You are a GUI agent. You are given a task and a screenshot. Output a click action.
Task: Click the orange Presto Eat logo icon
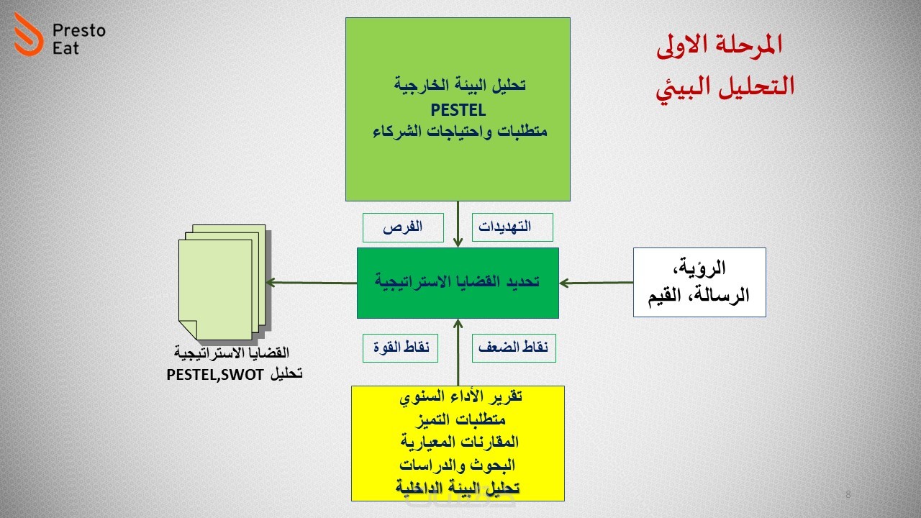[28, 34]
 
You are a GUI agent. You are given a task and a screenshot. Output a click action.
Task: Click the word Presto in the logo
[79, 31]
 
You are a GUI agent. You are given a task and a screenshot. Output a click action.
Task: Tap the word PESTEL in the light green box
[458, 110]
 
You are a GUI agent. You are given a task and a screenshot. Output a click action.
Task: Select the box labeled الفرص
[403, 227]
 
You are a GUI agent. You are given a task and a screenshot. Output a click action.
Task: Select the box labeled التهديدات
[512, 227]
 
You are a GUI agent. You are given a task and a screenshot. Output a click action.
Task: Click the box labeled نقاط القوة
[400, 347]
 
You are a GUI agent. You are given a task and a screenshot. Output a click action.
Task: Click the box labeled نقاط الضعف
[514, 347]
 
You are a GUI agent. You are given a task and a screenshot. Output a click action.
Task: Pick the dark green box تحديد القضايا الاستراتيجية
[458, 283]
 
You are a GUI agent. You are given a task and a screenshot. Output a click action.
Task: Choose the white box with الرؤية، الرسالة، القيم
[699, 282]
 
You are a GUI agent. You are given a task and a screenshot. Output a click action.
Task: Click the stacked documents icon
[224, 283]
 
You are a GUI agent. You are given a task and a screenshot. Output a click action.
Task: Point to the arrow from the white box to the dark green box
[596, 283]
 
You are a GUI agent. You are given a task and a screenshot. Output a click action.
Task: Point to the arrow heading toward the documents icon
[312, 283]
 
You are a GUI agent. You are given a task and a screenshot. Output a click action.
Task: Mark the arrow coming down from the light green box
[458, 224]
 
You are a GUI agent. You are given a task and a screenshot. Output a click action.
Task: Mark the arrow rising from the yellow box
[458, 353]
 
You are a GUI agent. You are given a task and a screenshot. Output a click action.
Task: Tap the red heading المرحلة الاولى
[719, 45]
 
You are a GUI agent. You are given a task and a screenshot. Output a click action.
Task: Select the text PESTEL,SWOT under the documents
[215, 375]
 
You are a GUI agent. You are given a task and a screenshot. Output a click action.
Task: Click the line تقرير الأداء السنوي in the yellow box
[461, 396]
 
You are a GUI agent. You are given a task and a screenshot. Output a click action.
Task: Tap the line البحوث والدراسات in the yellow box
[457, 465]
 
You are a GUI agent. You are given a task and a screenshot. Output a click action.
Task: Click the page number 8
[848, 494]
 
